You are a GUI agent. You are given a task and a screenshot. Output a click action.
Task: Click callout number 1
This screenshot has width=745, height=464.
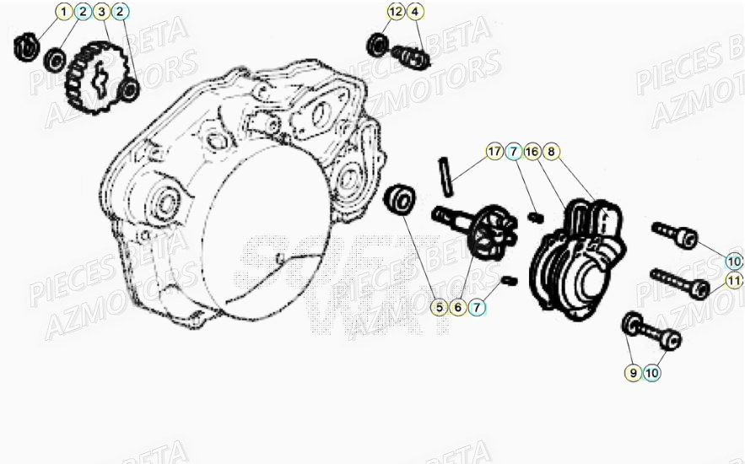coord(64,12)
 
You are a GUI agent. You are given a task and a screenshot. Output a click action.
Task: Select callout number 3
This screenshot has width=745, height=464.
coord(101,12)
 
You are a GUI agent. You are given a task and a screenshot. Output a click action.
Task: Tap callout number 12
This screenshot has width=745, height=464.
coord(396,12)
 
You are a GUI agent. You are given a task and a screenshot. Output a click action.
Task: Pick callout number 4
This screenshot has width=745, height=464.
coord(414,12)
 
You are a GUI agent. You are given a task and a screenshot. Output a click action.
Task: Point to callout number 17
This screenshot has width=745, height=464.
coord(494,152)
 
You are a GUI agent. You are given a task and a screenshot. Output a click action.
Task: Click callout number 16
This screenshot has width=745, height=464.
coord(532,152)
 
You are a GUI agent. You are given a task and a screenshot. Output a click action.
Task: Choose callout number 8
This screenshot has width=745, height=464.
coord(551,152)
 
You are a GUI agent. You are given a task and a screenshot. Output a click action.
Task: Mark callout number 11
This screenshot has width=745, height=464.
coord(734,279)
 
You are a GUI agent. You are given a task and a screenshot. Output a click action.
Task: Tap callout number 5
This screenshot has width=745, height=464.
coord(439,307)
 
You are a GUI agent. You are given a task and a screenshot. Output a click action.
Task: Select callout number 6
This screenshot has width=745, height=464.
coord(458,307)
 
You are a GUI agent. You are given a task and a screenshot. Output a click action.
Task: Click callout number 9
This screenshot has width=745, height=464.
coord(633,371)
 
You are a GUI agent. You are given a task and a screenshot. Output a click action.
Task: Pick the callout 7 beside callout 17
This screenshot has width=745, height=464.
coord(513,152)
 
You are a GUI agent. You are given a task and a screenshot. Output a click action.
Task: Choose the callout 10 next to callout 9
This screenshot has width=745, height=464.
coord(652,371)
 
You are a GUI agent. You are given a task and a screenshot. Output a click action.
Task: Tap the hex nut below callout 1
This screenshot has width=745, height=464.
coord(25,46)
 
